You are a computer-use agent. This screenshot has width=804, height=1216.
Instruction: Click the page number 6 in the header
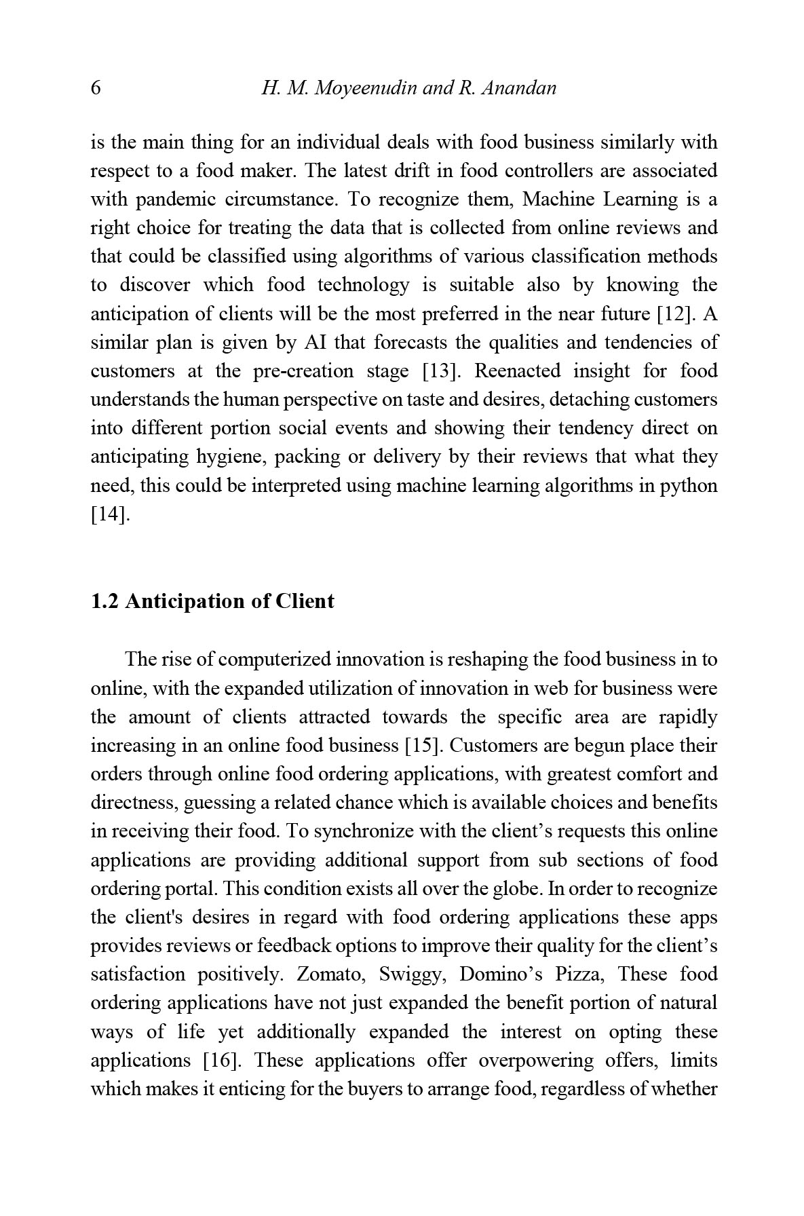pyautogui.click(x=96, y=88)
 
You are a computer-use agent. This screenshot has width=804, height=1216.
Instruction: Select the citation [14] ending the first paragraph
pyautogui.click(x=109, y=514)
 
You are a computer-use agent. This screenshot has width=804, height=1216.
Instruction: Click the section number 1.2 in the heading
pyautogui.click(x=104, y=601)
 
